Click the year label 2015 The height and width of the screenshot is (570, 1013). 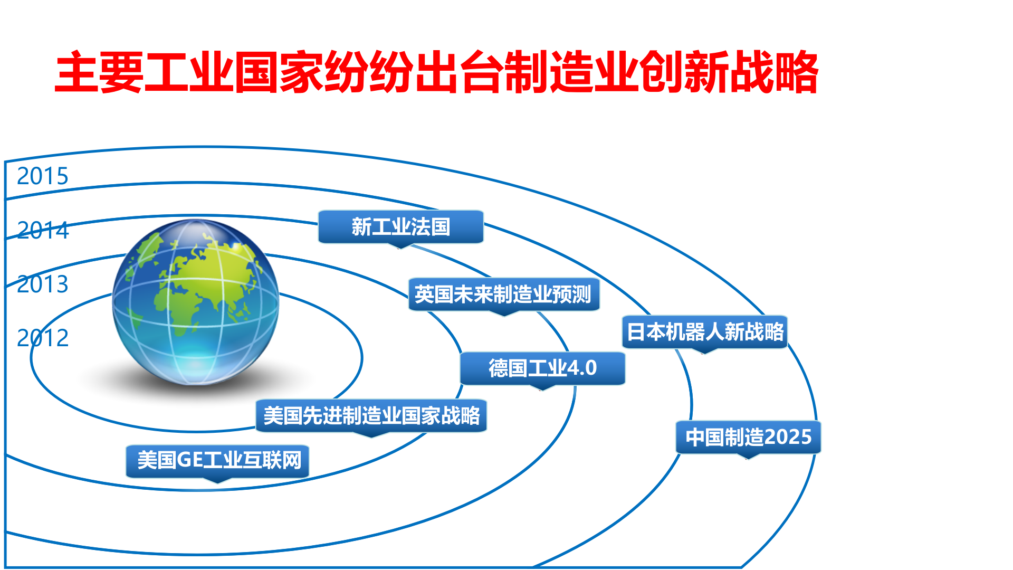(43, 176)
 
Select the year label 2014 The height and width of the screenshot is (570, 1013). (43, 231)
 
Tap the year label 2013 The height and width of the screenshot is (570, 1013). (43, 284)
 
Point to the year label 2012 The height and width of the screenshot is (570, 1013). (43, 338)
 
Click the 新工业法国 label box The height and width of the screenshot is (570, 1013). (400, 227)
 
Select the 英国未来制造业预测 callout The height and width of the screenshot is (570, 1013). (503, 294)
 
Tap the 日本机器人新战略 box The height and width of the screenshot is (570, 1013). (704, 332)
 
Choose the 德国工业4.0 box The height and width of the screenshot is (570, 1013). (542, 368)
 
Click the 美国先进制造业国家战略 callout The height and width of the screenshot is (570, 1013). (371, 416)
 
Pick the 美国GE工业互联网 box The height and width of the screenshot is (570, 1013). (217, 461)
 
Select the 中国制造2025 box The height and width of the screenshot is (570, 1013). (748, 437)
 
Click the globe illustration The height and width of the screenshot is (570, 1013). (195, 301)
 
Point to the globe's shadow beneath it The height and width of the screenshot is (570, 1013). (195, 388)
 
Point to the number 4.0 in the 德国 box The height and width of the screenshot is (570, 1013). (581, 368)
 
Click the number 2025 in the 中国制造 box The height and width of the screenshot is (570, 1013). (788, 437)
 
